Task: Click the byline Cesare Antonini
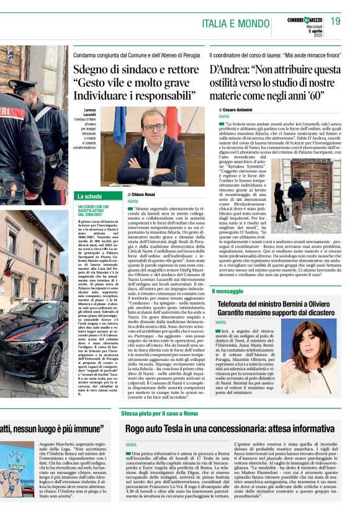pos(241,109)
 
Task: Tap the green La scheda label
pos(89,197)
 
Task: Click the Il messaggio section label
pos(227,291)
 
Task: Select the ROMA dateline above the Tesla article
pos(131,445)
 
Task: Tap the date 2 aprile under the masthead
pos(312,31)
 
